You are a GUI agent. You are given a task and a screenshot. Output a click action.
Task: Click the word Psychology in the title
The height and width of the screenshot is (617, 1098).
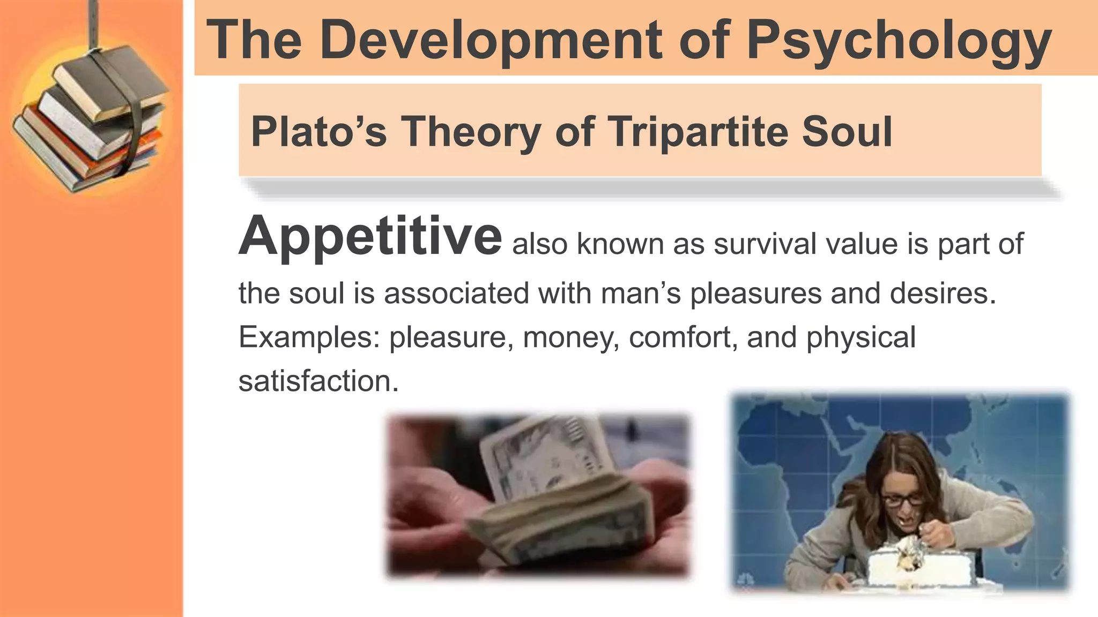tap(899, 41)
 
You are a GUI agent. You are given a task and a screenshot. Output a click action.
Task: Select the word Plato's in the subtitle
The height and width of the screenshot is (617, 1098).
tap(318, 132)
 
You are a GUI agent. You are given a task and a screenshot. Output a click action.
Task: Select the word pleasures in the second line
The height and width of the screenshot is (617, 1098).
tap(755, 294)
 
